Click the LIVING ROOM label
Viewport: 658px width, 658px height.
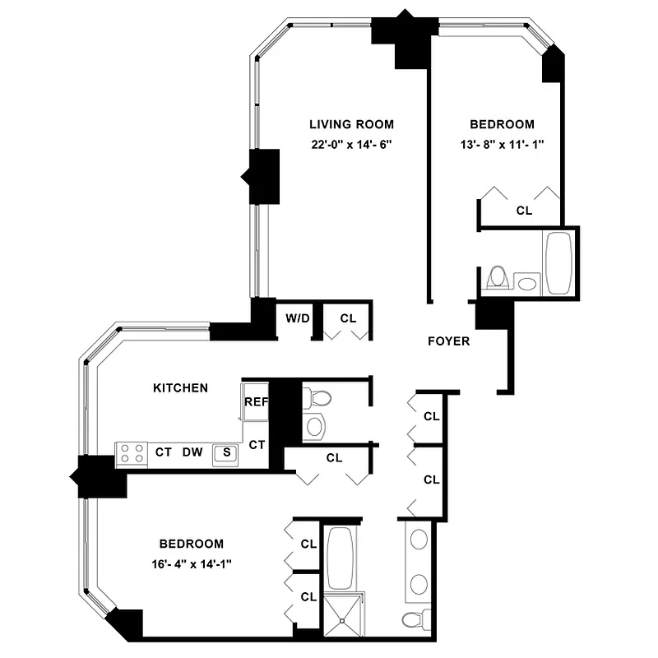pos(351,125)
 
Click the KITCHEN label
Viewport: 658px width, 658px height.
pos(180,387)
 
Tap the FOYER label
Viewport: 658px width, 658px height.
pos(449,341)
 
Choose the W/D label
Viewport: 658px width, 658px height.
pos(297,318)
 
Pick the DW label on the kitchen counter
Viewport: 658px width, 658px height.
pos(192,452)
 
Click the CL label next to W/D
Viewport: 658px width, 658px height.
pos(348,318)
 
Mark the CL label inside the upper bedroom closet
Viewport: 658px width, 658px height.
pos(524,211)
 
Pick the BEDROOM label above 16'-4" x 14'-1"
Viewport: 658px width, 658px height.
pos(192,544)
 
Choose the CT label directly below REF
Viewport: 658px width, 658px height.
pos(257,445)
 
